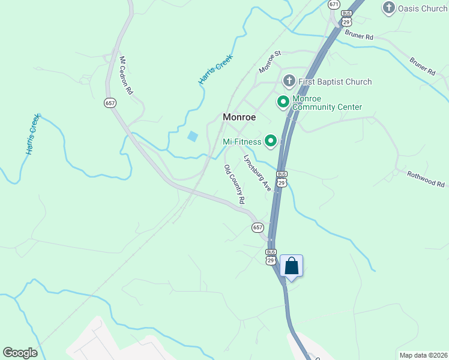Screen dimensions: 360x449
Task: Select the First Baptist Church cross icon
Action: tap(289, 81)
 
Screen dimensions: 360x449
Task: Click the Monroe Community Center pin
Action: tap(283, 102)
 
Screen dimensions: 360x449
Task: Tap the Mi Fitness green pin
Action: tap(271, 141)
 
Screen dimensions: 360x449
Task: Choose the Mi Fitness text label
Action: tap(242, 142)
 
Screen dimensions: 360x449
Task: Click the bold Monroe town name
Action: tap(240, 117)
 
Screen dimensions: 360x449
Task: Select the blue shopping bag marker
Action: tap(291, 266)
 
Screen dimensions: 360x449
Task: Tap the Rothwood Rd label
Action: tap(426, 179)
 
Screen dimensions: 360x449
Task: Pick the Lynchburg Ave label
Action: tap(257, 173)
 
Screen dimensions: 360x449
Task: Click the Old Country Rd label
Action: tap(234, 183)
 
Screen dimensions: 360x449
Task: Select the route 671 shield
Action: tap(334, 4)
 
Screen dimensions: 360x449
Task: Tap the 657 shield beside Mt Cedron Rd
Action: tap(110, 103)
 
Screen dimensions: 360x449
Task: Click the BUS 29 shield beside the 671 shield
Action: tap(346, 17)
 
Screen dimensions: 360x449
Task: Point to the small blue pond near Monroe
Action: tap(192, 136)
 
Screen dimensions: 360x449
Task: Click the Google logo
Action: tap(20, 353)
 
